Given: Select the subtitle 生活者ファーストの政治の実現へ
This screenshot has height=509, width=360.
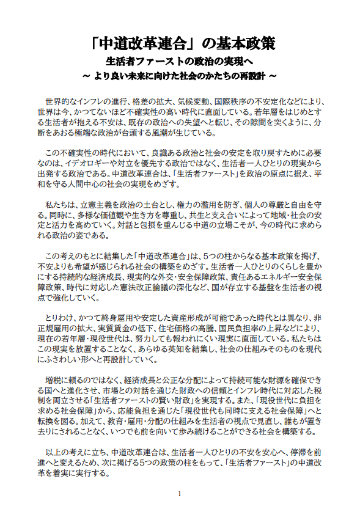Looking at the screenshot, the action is [180, 62].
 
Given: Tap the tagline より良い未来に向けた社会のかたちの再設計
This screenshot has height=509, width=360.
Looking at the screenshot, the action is [180, 77].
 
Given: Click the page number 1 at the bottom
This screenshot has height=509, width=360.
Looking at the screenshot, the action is [180, 493].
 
